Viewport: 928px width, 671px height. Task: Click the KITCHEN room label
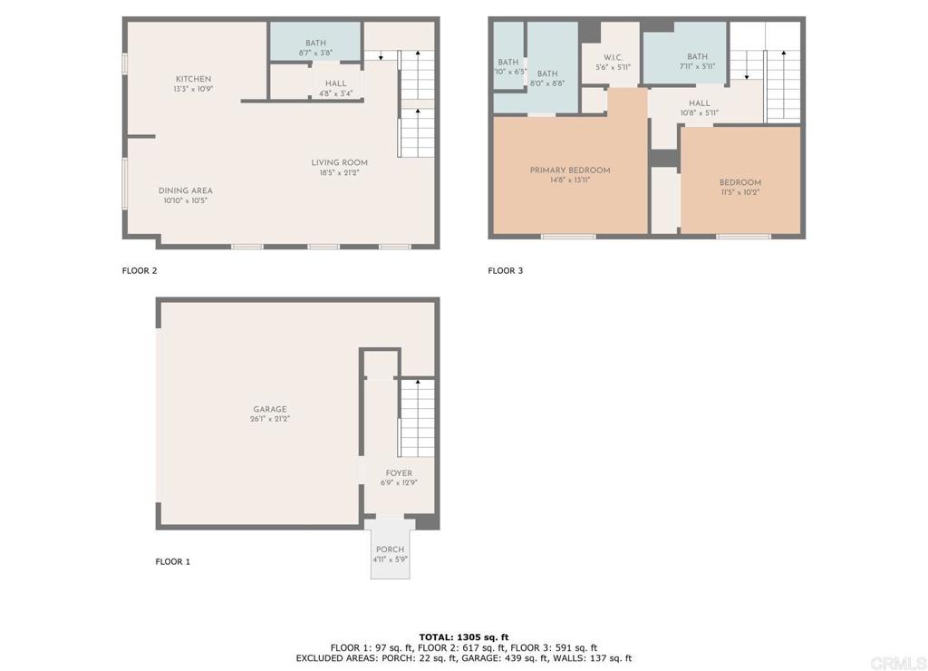194,79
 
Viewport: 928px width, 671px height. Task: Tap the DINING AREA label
185,190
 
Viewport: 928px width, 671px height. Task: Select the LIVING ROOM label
340,163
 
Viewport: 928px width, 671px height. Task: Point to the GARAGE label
270,409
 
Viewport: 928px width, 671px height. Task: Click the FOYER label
399,473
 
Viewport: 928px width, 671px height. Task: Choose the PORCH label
390,549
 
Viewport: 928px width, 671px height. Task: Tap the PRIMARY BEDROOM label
570,170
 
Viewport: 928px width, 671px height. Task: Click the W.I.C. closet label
614,57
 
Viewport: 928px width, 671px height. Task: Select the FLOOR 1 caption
173,562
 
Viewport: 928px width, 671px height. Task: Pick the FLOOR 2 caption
140,270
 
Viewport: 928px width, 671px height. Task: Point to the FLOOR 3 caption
506,270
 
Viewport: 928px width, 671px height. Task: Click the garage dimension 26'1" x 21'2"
270,419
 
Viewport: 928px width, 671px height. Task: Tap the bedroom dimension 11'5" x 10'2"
740,192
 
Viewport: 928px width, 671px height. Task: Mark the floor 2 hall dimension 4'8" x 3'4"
335,93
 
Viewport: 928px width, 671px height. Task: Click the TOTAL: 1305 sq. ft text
464,637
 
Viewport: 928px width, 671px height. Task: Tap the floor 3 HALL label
699,103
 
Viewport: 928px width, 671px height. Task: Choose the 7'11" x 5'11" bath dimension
697,66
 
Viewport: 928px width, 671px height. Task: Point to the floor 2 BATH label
315,43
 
